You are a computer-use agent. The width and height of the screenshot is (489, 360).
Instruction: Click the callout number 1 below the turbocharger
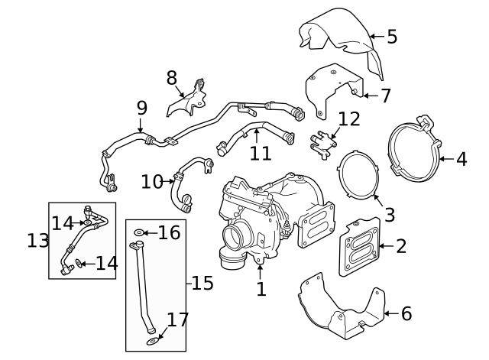coord(261,289)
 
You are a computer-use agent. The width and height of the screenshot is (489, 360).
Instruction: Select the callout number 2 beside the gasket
coord(401,246)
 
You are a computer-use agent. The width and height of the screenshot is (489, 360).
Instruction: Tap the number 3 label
coord(390,215)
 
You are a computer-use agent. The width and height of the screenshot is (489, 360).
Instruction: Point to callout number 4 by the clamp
coord(461,159)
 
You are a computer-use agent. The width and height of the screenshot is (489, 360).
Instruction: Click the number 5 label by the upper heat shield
coord(392,36)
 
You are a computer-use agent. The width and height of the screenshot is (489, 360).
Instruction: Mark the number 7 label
coord(385,96)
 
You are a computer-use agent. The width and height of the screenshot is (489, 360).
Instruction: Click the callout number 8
coord(172,77)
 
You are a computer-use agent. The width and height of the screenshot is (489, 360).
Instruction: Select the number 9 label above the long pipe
coord(141,109)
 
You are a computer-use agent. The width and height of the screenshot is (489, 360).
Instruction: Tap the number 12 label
coord(349,119)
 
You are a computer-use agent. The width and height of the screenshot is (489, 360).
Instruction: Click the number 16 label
coord(169,232)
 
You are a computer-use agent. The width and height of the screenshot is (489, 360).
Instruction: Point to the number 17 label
coord(177,319)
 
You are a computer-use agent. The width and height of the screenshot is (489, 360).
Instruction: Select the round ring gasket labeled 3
coord(358,175)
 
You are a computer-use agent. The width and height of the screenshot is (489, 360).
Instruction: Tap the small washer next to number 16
coord(138,232)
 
